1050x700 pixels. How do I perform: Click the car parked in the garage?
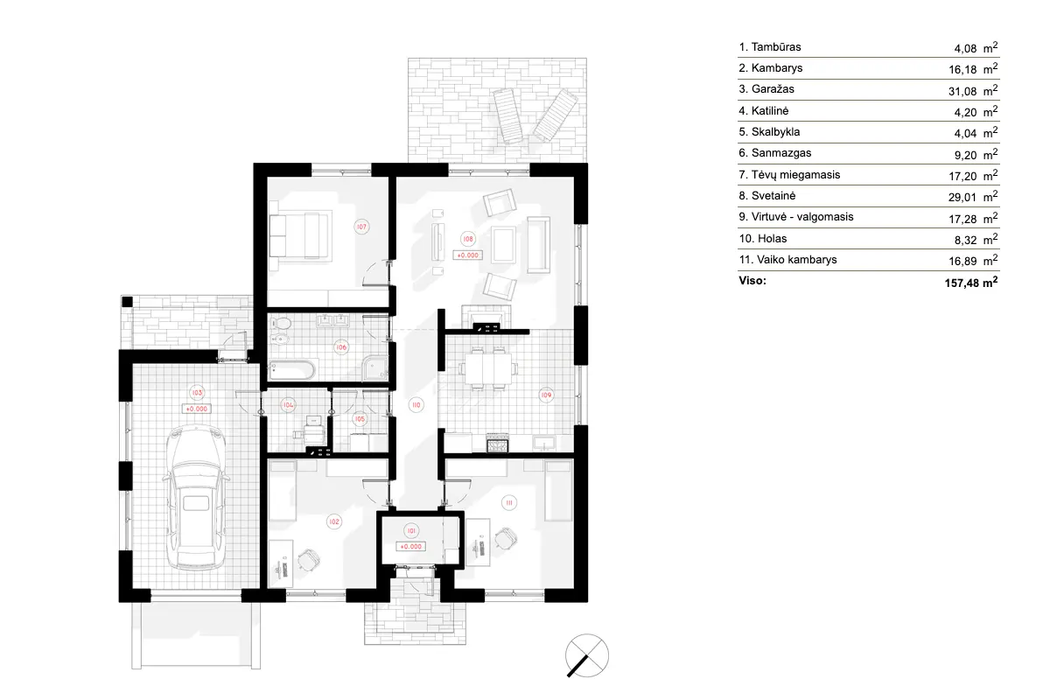click(193, 498)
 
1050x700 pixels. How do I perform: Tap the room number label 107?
click(360, 227)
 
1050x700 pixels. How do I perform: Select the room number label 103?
click(197, 393)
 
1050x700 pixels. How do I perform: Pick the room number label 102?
click(333, 521)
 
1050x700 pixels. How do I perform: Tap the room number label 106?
click(341, 347)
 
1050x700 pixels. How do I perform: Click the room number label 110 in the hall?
click(416, 404)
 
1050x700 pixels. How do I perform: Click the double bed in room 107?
click(299, 235)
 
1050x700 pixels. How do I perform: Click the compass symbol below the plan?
click(586, 654)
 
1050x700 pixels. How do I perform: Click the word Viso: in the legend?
click(752, 282)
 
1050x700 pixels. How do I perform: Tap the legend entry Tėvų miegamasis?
click(783, 175)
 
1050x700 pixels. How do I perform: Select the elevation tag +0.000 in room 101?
click(411, 546)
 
